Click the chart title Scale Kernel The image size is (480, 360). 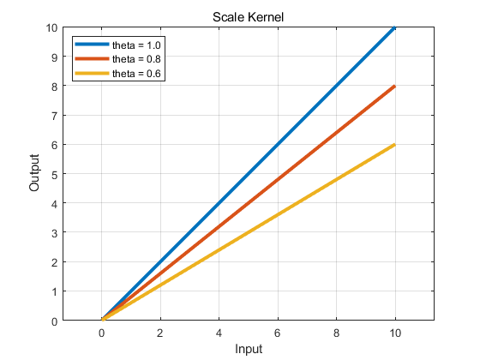pos(248,17)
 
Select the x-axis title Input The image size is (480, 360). pos(249,349)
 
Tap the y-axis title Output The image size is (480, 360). pos(34,173)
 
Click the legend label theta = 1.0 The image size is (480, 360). pos(136,45)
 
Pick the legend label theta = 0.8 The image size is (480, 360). pos(136,59)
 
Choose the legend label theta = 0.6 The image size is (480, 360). pos(136,74)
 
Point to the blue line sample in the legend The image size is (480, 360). pos(93,44)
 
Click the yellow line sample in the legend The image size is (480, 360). pos(93,73)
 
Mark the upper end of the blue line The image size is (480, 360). pos(395,27)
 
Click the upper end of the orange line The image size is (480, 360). pos(395,87)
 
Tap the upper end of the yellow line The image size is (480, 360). pos(395,145)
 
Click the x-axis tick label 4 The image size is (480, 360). pos(219,333)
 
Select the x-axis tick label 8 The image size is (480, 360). pos(336,333)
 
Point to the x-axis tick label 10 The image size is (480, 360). pos(395,333)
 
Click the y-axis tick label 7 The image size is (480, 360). pos(55,116)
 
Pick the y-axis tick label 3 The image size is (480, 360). pos(55,233)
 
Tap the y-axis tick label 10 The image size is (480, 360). pos(51,27)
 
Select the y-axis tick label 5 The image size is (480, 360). pos(55,175)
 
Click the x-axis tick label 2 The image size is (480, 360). pos(159,333)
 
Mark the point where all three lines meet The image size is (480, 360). pos(103,319)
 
